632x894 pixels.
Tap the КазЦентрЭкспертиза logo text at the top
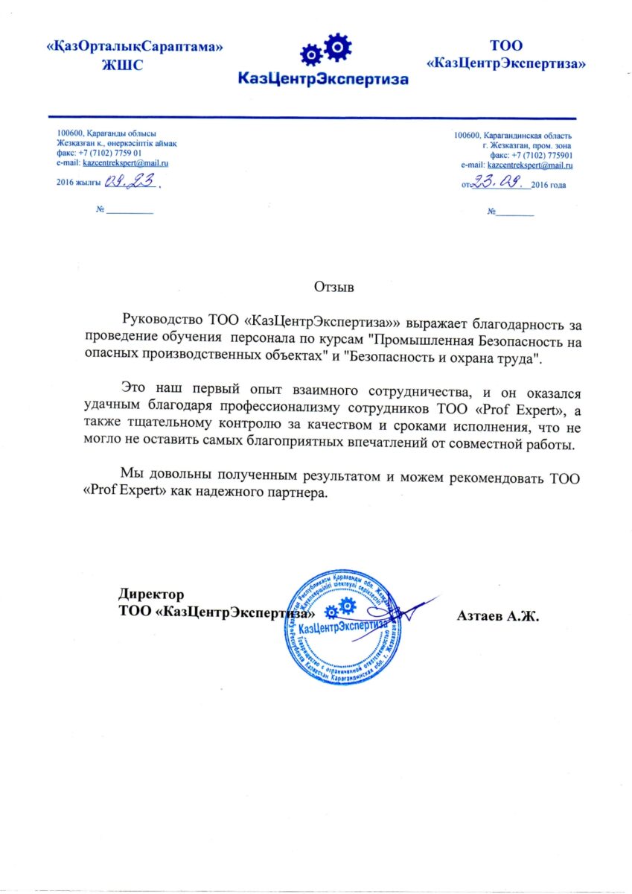(x=323, y=77)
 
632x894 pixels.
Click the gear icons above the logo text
(x=325, y=49)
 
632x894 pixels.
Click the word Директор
(x=151, y=595)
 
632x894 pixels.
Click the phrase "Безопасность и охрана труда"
(x=442, y=359)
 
